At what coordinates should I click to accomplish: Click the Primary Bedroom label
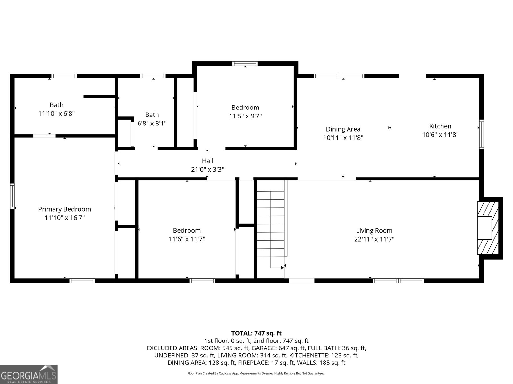[64, 209]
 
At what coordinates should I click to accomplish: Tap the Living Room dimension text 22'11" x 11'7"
[374, 239]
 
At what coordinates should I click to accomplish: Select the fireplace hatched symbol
[488, 228]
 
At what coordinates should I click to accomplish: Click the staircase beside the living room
[271, 224]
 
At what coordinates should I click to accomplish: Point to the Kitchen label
[440, 126]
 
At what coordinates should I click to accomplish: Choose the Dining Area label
[343, 129]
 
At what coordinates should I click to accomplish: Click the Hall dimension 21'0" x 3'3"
[207, 169]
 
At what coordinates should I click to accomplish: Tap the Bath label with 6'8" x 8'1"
[152, 115]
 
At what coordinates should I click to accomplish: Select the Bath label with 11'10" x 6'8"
[56, 105]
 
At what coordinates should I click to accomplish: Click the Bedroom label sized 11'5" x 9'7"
[245, 108]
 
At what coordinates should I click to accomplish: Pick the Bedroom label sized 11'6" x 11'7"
[187, 230]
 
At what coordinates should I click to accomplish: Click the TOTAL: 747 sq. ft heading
[256, 333]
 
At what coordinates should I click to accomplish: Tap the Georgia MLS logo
[29, 374]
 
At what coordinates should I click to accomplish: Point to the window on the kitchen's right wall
[481, 134]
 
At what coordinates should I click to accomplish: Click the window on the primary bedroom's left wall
[13, 196]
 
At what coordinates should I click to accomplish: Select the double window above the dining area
[339, 76]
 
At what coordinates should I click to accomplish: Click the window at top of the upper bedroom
[245, 63]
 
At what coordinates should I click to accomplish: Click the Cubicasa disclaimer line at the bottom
[256, 373]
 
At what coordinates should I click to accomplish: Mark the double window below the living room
[398, 281]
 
